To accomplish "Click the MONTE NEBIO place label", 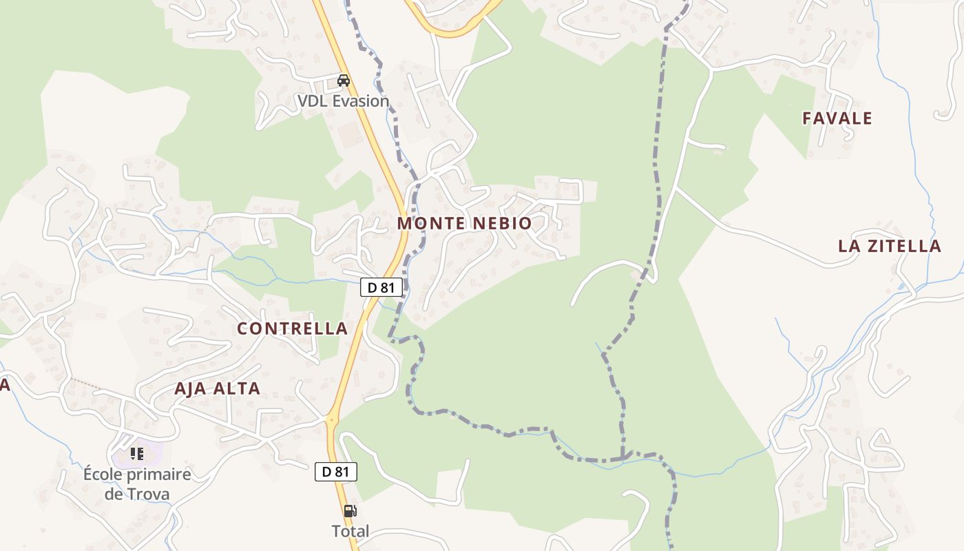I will click(464, 223).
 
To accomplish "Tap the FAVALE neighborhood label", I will click(837, 118).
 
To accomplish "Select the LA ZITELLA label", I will click(889, 246).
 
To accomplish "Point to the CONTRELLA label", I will click(292, 329).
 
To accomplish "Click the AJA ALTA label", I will click(217, 388).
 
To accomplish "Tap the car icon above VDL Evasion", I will click(343, 81).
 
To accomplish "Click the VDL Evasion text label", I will click(343, 101).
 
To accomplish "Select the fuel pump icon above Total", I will click(350, 511).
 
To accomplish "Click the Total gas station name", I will click(350, 531).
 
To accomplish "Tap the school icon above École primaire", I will click(137, 454).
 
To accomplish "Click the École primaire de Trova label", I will click(137, 484).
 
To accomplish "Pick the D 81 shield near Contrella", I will click(381, 287).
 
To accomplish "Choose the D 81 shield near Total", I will click(336, 472).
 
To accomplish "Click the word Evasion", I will click(361, 101).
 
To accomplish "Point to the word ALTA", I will click(237, 388).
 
